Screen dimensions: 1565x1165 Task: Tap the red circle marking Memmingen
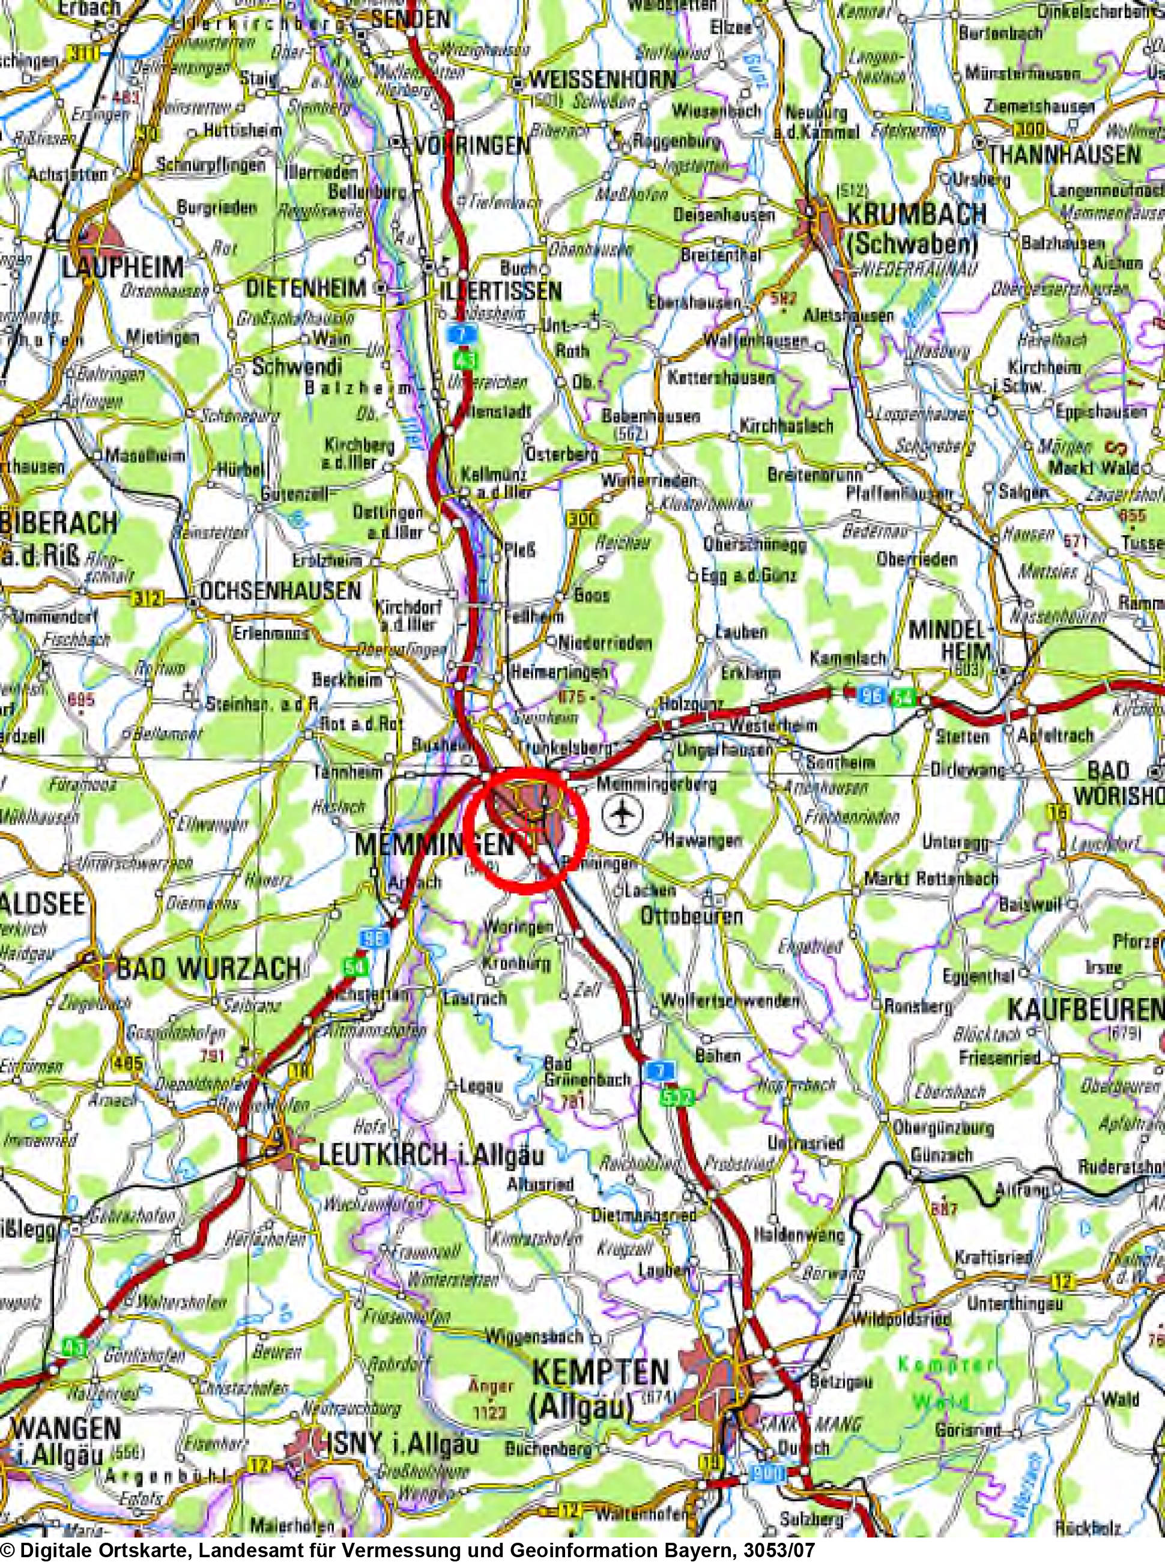click(x=527, y=832)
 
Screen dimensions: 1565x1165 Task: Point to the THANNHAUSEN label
click(x=1064, y=154)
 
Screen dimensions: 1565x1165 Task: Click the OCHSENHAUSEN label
click(x=280, y=590)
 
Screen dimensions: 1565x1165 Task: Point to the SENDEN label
click(x=410, y=19)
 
